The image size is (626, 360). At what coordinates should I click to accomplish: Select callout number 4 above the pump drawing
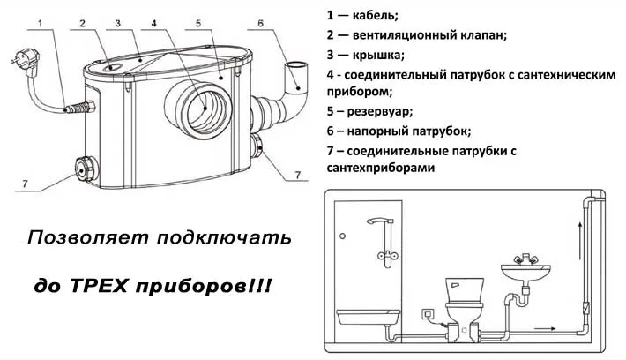coord(153,22)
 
